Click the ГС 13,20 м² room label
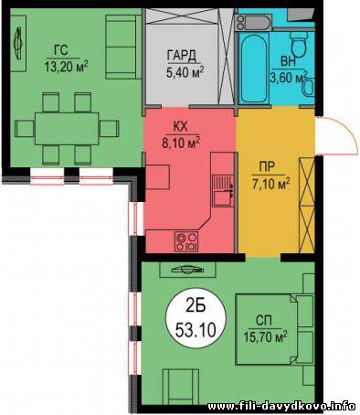pyautogui.click(x=66, y=59)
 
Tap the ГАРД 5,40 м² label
pyautogui.click(x=185, y=64)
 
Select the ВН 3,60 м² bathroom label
pyautogui.click(x=289, y=70)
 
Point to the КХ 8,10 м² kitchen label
pyautogui.click(x=181, y=135)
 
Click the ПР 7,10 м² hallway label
pyautogui.click(x=270, y=176)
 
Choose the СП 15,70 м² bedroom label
pyautogui.click(x=265, y=329)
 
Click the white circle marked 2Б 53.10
pyautogui.click(x=196, y=318)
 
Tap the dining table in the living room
pyautogui.click(x=67, y=129)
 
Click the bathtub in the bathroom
pyautogui.click(x=253, y=69)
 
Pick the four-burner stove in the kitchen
pyautogui.click(x=186, y=241)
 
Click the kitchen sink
pyautogui.click(x=223, y=191)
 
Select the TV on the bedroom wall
pyautogui.click(x=187, y=270)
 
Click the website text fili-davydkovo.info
pyautogui.click(x=281, y=406)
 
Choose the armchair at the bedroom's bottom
pyautogui.click(x=181, y=386)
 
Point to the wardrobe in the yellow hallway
pyautogui.click(x=307, y=205)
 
